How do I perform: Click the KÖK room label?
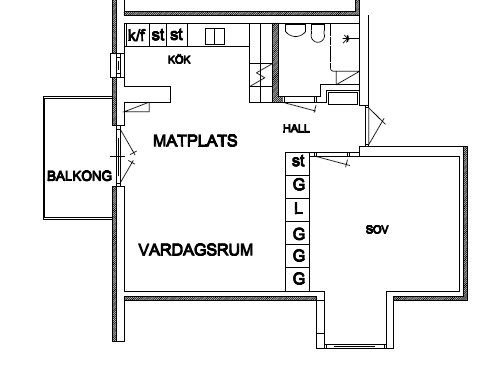179,60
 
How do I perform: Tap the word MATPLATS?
195,141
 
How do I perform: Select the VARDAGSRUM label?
196,250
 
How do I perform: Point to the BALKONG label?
80,176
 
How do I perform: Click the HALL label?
296,129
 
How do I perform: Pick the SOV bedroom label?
377,230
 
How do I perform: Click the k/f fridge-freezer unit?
137,35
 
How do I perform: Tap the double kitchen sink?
215,36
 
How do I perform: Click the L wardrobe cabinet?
298,210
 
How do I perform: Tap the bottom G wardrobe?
298,279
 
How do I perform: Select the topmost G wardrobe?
298,187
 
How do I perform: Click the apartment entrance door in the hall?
376,126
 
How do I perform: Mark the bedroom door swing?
332,161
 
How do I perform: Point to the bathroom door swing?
300,106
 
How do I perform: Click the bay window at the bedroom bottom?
355,347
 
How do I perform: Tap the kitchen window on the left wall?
117,65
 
